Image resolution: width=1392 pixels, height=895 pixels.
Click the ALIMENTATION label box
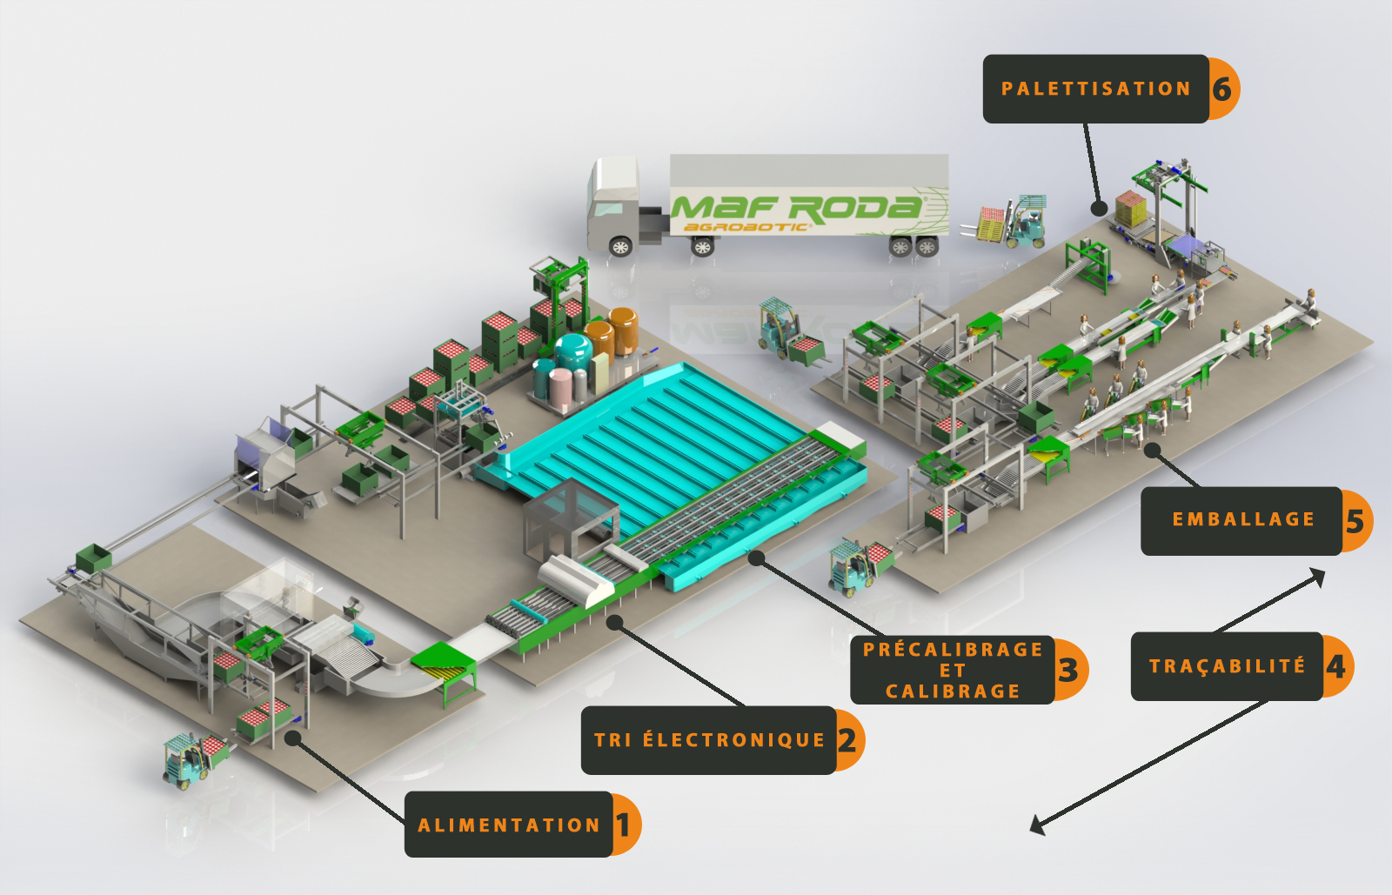(x=509, y=825)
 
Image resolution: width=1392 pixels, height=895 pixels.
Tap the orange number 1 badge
(x=625, y=825)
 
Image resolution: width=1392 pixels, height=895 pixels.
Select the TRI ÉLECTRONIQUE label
(x=709, y=740)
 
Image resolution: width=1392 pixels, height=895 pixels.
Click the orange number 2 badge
(x=848, y=740)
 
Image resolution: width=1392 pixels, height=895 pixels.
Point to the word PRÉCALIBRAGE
(x=953, y=650)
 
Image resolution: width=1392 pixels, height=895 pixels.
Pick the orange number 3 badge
(x=1069, y=670)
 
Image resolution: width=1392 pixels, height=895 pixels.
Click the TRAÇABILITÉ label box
(x=1227, y=666)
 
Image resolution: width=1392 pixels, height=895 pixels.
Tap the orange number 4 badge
(x=1336, y=666)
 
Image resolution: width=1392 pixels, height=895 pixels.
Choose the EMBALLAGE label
(x=1242, y=520)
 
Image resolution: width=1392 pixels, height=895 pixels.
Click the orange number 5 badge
(x=1355, y=520)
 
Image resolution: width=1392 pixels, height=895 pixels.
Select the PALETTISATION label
(x=1095, y=89)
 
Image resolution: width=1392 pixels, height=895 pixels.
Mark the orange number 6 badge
(x=1222, y=89)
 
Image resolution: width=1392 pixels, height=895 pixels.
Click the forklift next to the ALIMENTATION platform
(x=190, y=758)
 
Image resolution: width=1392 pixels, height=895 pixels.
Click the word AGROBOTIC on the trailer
(x=746, y=227)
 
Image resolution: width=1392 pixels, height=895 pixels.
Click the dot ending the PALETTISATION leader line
(x=1099, y=209)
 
